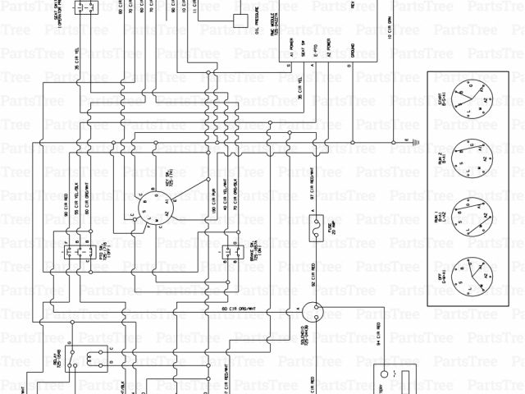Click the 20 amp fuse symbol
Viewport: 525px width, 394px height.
pyautogui.click(x=313, y=234)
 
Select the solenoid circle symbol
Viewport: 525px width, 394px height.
pyautogui.click(x=311, y=311)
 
